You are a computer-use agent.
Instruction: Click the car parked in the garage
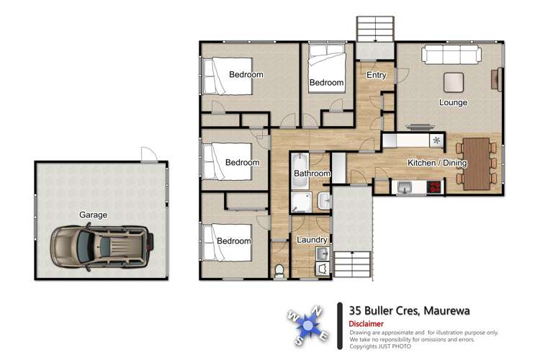pyautogui.click(x=102, y=248)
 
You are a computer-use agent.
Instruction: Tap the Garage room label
pyautogui.click(x=93, y=215)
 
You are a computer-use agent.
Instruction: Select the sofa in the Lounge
pyautogui.click(x=451, y=55)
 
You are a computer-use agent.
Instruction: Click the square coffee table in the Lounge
pyautogui.click(x=454, y=82)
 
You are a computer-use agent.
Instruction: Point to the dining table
pyautogui.click(x=477, y=163)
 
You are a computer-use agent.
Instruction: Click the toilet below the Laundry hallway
pyautogui.click(x=279, y=271)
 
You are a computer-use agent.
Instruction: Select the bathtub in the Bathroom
pyautogui.click(x=300, y=171)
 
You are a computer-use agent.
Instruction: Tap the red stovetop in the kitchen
pyautogui.click(x=435, y=187)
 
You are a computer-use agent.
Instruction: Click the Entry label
pyautogui.click(x=376, y=75)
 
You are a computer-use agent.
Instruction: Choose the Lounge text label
pyautogui.click(x=453, y=102)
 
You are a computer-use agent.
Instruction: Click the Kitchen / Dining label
pyautogui.click(x=437, y=163)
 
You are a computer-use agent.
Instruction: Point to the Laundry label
pyautogui.click(x=312, y=240)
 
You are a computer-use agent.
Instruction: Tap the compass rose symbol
pyautogui.click(x=308, y=325)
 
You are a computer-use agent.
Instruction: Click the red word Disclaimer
pyautogui.click(x=366, y=324)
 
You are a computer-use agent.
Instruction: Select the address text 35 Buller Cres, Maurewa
pyautogui.click(x=410, y=311)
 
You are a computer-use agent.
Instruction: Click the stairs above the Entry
pyautogui.click(x=375, y=30)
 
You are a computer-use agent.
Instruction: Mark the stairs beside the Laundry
pyautogui.click(x=353, y=264)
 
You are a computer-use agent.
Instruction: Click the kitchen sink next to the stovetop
pyautogui.click(x=405, y=188)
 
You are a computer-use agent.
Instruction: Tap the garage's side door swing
pyautogui.click(x=149, y=154)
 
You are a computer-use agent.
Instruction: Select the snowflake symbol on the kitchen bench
pyautogui.click(x=436, y=140)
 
